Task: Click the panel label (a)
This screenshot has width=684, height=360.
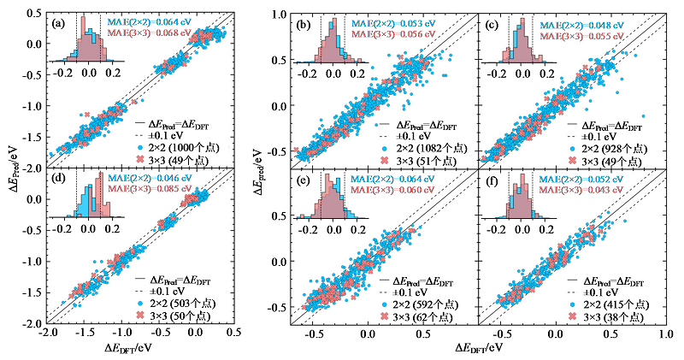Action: pyautogui.click(x=56, y=21)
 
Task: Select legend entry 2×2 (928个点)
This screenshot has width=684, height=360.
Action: pyautogui.click(x=611, y=148)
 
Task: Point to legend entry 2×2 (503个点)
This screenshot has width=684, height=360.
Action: pyautogui.click(x=175, y=304)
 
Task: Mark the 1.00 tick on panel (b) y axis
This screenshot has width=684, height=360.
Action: pyautogui.click(x=280, y=15)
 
